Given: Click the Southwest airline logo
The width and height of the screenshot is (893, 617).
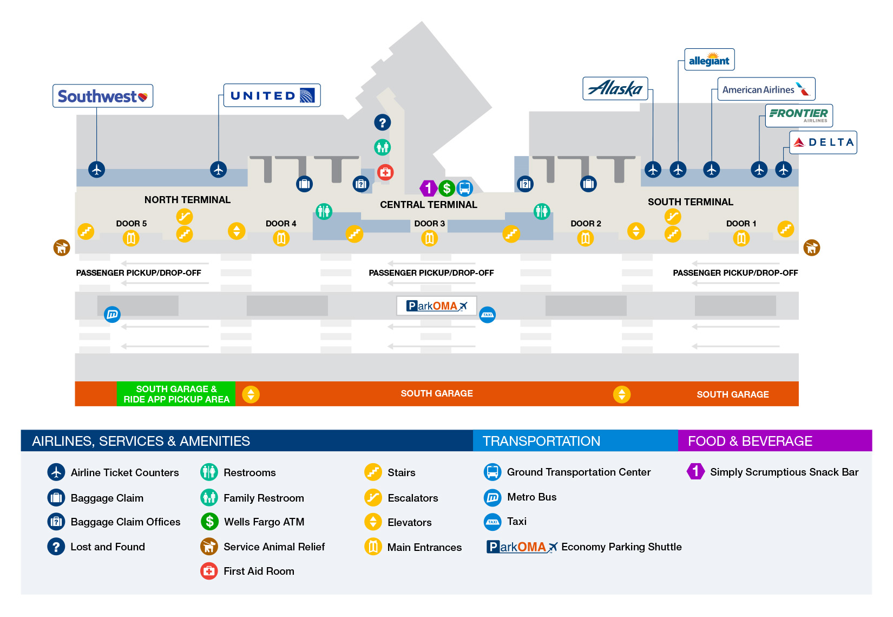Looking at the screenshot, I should [102, 96].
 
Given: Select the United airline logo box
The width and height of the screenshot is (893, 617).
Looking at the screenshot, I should [272, 96].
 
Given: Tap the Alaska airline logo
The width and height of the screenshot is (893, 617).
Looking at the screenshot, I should [615, 88].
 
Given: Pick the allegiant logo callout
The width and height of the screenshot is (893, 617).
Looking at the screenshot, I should [709, 60].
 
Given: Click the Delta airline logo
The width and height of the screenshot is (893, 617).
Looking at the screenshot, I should [823, 142].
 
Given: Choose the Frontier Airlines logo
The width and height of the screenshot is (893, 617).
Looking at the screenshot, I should [799, 115].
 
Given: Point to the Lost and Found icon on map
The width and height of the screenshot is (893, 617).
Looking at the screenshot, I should [383, 122].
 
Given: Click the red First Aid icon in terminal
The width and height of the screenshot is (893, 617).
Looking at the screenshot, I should [385, 172].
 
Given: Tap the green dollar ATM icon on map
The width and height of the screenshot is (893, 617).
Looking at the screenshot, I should [447, 189].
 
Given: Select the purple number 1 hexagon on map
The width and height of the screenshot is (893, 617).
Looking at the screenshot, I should [428, 189].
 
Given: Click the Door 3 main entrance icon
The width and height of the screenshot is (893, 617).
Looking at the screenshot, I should [429, 238].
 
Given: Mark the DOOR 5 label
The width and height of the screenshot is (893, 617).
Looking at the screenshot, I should [131, 224].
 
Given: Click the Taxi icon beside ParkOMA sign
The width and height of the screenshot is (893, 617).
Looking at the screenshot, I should [488, 315].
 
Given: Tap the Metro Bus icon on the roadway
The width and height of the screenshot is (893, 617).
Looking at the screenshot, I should [112, 314].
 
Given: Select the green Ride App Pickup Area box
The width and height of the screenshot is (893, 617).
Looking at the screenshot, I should [176, 394].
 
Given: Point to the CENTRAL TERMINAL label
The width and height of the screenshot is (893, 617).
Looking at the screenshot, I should [428, 205].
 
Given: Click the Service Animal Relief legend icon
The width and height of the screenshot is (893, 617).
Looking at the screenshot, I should [209, 547].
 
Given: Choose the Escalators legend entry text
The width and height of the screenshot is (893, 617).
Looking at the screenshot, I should [412, 498].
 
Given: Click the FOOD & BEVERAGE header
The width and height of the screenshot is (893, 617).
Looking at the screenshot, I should [750, 441].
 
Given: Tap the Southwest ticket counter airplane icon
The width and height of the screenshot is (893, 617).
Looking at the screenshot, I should [97, 170].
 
